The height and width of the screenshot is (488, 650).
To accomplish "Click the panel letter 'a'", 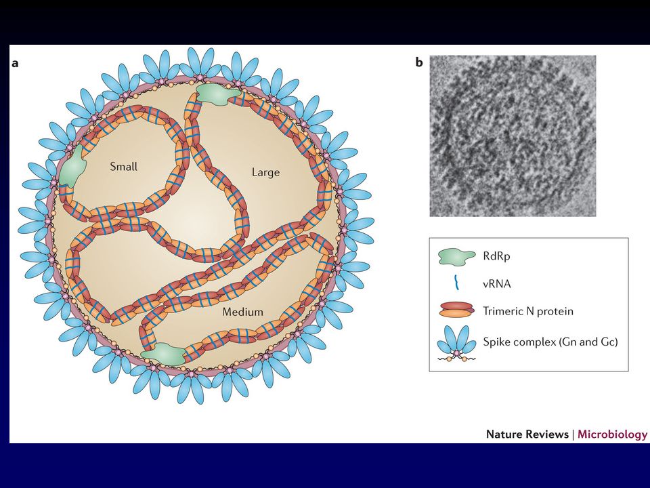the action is (x=16, y=64).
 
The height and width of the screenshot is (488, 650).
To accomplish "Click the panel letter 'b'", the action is (x=419, y=62).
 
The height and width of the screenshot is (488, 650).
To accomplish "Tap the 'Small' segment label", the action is (x=123, y=167).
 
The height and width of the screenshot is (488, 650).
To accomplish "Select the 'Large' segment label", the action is (x=265, y=171).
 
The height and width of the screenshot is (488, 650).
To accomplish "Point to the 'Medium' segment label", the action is (x=242, y=312).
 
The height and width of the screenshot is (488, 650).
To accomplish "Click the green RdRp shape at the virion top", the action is (x=217, y=94).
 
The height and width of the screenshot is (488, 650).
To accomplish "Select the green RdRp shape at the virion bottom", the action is (x=164, y=354).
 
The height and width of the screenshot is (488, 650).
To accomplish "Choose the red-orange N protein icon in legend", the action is (x=456, y=311).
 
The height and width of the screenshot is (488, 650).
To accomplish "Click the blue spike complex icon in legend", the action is (x=456, y=344).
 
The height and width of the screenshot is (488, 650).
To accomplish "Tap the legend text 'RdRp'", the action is (x=496, y=256).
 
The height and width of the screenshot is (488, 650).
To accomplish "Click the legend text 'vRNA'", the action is (x=496, y=283).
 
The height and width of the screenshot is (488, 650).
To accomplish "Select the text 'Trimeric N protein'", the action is (x=527, y=311).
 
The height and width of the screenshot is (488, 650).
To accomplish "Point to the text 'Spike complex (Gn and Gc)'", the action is (x=550, y=342).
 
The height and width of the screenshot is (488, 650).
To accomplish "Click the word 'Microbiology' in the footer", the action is (x=612, y=434).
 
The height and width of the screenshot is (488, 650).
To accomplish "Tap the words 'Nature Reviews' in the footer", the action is (x=527, y=434).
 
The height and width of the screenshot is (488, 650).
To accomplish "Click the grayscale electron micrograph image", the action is (x=513, y=136).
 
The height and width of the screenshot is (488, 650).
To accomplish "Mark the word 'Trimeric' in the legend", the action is (x=502, y=311).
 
